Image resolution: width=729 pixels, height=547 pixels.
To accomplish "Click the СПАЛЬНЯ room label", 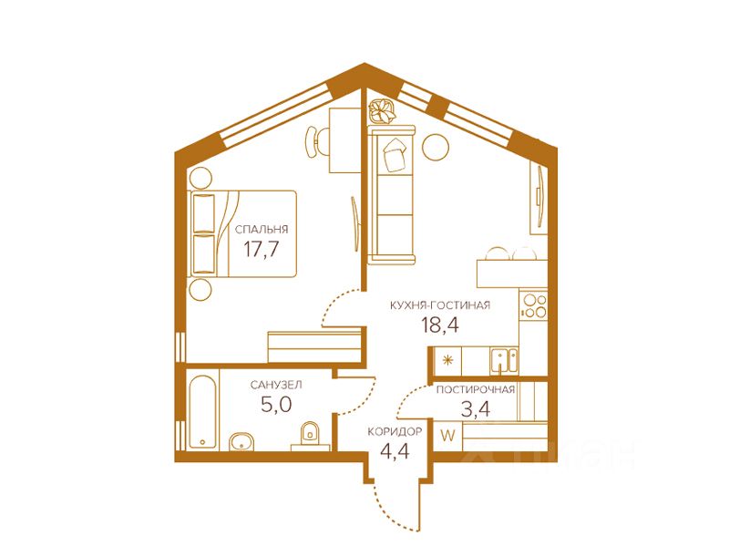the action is click(x=262, y=230).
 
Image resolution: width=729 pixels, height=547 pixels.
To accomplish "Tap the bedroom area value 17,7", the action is click(x=262, y=249).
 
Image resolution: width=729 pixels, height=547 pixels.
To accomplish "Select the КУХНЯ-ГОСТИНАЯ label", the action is click(x=440, y=305).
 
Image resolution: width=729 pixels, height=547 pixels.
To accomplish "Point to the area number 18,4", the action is click(x=440, y=325).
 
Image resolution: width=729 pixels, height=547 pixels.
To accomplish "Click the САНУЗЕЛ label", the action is click(x=276, y=385).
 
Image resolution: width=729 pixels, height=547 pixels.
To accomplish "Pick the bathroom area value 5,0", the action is click(x=276, y=405).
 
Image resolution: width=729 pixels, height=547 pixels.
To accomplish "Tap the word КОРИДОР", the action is click(x=395, y=431).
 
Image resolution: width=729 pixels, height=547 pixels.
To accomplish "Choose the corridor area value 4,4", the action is click(x=395, y=450).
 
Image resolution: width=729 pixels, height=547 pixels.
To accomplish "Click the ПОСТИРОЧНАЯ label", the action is click(x=475, y=390).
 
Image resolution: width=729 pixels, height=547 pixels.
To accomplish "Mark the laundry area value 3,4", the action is click(x=475, y=409).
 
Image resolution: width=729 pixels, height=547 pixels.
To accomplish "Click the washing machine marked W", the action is click(x=447, y=437).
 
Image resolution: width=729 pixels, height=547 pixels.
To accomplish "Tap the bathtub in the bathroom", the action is click(x=202, y=412).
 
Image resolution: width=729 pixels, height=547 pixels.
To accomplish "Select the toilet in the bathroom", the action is click(x=309, y=435).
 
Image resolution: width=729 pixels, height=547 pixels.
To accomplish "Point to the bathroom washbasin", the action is click(x=241, y=441).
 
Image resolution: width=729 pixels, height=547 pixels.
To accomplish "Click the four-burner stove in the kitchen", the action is click(x=534, y=305).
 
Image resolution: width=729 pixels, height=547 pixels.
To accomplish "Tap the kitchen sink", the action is click(x=504, y=361).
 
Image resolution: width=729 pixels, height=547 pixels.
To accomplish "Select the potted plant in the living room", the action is click(x=381, y=112).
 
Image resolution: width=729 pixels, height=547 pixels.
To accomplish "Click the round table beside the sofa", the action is click(x=436, y=147).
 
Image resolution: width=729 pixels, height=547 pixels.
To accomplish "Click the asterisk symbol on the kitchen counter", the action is click(x=447, y=360).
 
